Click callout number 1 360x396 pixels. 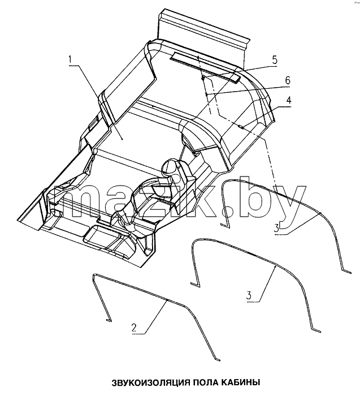71,60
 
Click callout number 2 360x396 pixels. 134,328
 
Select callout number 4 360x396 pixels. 288,101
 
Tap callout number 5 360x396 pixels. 275,60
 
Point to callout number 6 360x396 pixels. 288,80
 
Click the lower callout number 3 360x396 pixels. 249,295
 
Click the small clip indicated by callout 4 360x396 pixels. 241,127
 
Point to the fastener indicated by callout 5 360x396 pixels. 202,78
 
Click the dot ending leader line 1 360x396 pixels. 122,139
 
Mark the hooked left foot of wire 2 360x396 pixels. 109,320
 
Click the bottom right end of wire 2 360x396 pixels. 219,359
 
